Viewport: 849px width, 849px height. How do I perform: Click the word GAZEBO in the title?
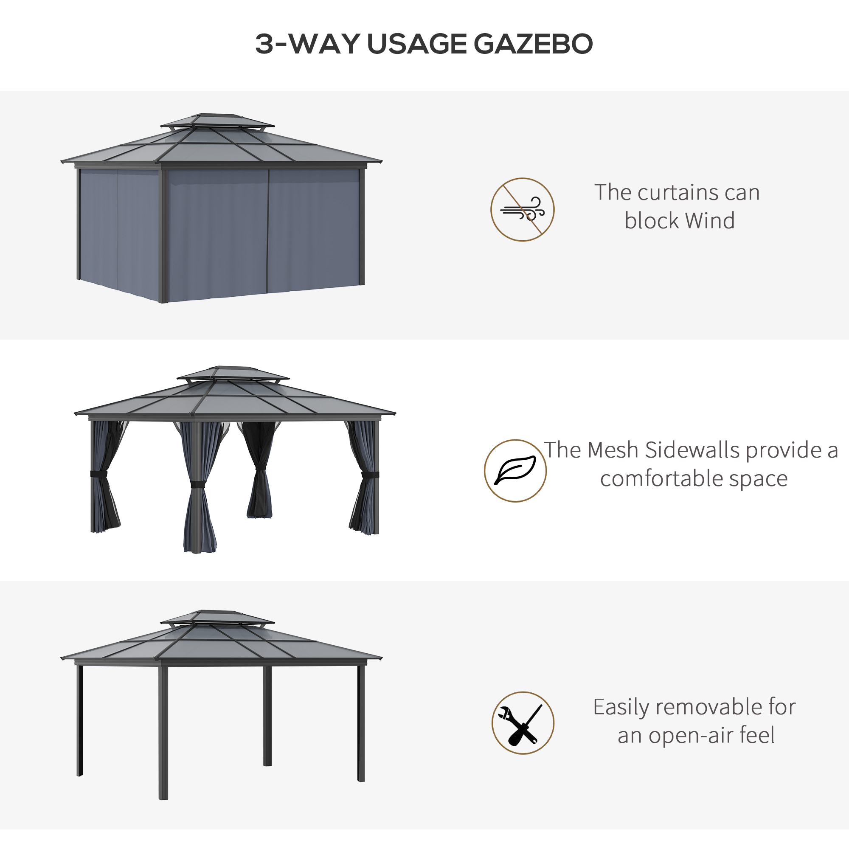533,44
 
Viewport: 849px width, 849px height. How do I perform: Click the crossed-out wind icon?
522,210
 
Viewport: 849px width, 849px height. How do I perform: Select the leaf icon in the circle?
515,471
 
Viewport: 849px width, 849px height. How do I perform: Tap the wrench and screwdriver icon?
523,723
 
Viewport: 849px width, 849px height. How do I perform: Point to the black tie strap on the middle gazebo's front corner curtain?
198,484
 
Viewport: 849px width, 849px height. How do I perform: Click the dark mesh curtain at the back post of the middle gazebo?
260,470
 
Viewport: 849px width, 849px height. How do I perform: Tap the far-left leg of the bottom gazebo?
80,721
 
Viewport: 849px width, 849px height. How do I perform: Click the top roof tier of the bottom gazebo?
217,616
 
